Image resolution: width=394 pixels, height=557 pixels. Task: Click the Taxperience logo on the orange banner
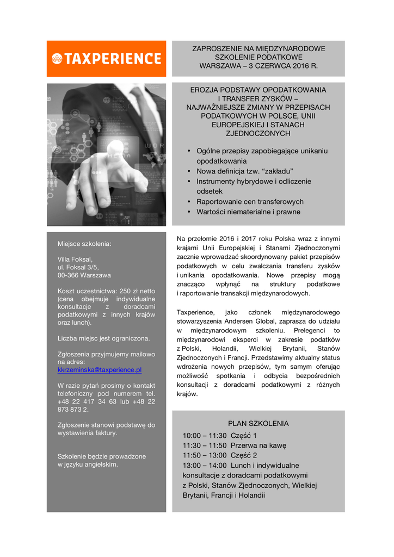coord(106,59)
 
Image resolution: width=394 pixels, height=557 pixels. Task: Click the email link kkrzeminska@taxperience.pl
coord(100,369)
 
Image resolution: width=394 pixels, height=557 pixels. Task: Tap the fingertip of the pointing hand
coord(115,147)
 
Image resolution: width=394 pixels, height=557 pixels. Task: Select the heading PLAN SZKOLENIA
coord(258,423)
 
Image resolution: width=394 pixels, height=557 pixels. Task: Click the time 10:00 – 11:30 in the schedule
coord(204,435)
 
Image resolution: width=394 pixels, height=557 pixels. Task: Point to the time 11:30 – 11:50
coord(204,445)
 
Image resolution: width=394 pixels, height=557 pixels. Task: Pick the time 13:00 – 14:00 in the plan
coord(204,466)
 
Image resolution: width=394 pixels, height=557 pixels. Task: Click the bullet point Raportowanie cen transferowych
coord(250,202)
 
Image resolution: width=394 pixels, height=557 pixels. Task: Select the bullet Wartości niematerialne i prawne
coord(248,212)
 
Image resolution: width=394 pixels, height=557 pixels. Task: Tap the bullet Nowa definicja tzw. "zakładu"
coord(245,171)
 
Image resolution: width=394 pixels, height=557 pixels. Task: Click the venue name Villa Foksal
coord(75,259)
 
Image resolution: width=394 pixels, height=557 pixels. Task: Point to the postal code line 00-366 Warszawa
coord(84,275)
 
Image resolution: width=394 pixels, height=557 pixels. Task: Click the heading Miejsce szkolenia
coord(84,244)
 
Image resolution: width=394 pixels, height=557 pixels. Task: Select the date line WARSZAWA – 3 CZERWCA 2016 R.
coord(258,66)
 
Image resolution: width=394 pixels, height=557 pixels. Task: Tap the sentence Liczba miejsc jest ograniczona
coord(103,338)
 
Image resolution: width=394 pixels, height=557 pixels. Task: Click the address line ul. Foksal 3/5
coord(78,267)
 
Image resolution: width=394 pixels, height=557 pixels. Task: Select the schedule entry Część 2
coord(244,455)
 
